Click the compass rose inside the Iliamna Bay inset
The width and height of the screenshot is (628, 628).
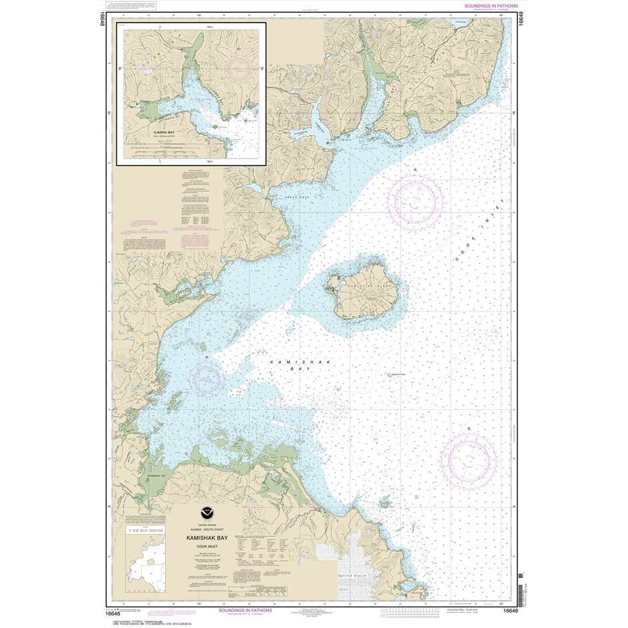[x=239, y=67]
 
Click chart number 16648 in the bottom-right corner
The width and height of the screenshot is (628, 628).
[x=511, y=611]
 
